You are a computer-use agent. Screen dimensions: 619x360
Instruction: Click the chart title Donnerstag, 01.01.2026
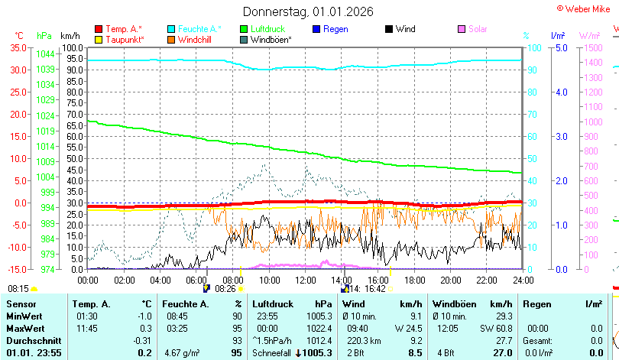[308, 11]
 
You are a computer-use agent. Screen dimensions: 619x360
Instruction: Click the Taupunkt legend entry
[120, 40]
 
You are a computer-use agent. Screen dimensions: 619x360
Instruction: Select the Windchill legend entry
[190, 40]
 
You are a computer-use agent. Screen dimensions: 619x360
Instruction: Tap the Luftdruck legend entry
[263, 29]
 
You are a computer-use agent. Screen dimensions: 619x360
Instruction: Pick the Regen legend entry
[330, 29]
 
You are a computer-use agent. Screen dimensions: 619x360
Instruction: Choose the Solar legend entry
[472, 29]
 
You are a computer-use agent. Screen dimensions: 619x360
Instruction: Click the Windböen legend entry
[266, 40]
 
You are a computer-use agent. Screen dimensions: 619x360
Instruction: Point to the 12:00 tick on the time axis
[306, 281]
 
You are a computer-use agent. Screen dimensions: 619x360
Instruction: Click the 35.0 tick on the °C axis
[18, 47]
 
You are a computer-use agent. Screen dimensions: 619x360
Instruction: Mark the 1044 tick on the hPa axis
[45, 54]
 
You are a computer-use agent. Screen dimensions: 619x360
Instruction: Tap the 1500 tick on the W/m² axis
[593, 47]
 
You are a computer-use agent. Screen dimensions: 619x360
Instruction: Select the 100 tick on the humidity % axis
[534, 47]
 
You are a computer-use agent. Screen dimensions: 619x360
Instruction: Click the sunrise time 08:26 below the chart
[225, 289]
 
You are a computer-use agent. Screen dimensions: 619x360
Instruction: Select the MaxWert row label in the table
[25, 329]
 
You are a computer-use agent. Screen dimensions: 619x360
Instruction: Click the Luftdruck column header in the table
[273, 304]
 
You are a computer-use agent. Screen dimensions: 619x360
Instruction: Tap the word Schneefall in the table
[271, 353]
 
